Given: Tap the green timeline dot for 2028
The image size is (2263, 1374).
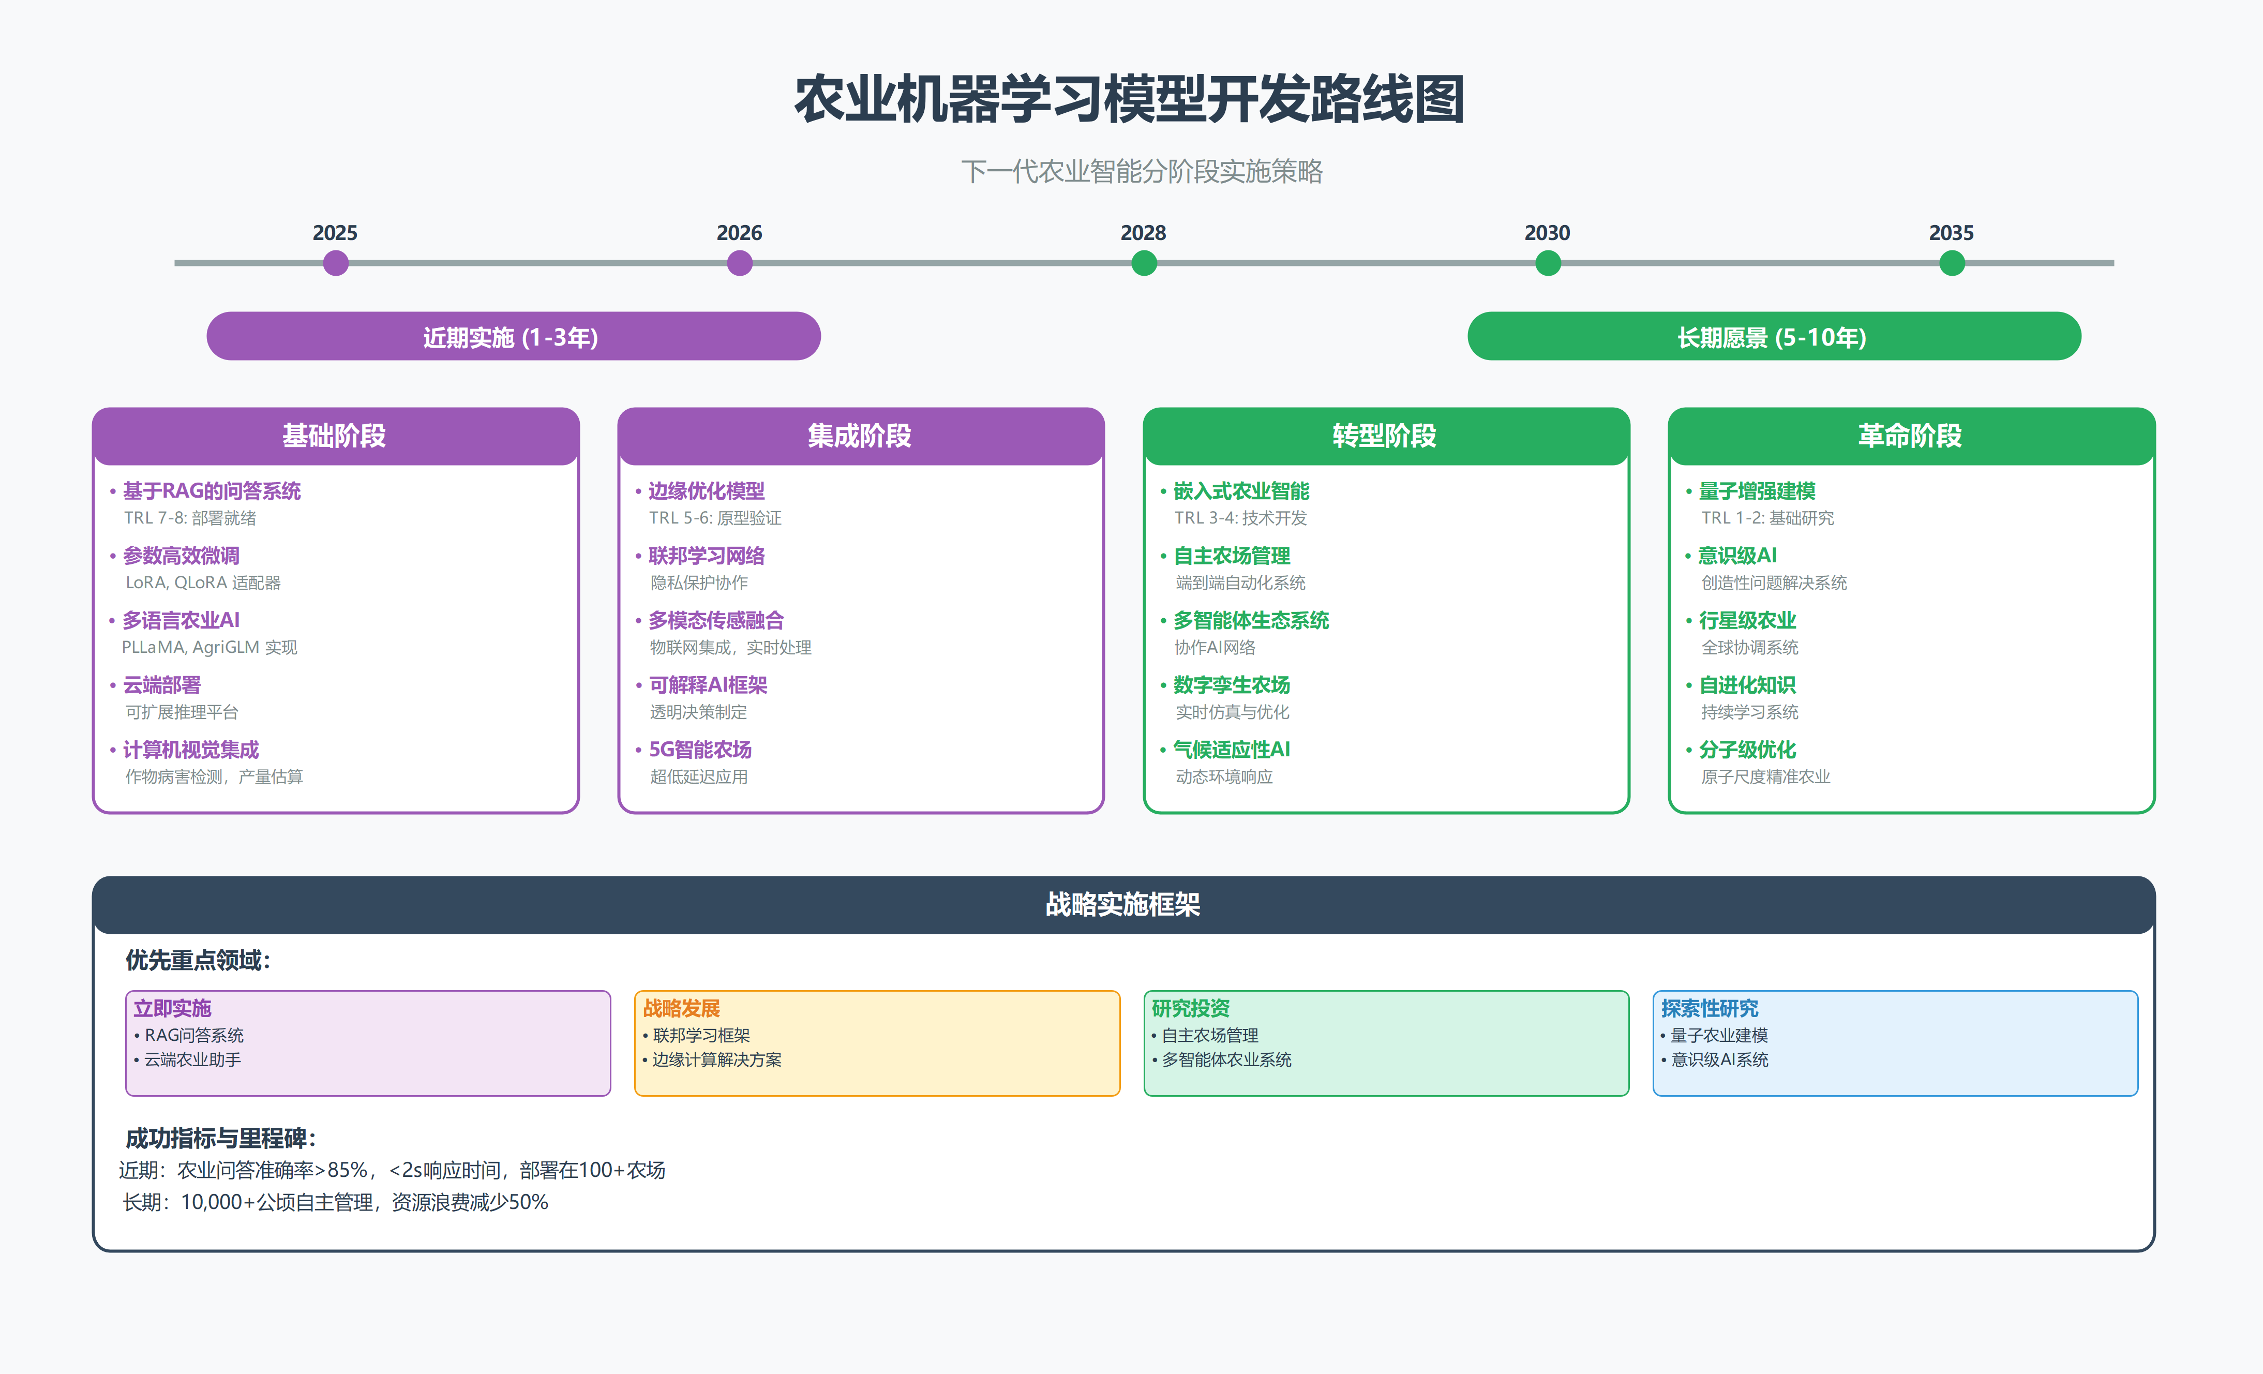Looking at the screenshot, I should tap(1144, 264).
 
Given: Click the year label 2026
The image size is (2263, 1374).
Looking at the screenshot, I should tap(739, 233).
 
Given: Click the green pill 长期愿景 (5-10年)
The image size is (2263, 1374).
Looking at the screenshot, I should tap(1774, 337).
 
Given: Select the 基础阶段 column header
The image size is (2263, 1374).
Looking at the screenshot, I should tap(335, 436).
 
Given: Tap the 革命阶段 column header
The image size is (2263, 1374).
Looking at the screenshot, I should tap(1910, 436).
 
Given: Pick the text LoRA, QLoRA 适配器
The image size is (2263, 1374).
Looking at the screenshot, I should tap(203, 583).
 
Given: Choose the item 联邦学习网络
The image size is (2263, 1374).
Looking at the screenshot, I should tap(706, 556).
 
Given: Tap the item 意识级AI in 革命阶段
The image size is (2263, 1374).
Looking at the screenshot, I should tap(1737, 556).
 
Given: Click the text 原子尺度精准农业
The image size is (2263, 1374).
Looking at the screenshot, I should tap(1765, 777).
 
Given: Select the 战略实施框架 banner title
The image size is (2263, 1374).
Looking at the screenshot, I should tap(1122, 905).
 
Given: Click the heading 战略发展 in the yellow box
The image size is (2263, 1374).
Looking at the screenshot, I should tap(681, 1008).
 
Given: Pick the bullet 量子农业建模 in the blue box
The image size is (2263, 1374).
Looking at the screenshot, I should tap(1718, 1035).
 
